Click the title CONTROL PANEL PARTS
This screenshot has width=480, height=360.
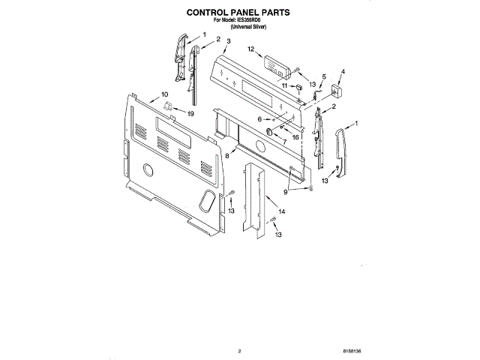point(238,13)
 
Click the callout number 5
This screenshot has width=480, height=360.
point(323,76)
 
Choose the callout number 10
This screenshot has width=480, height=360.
point(164,95)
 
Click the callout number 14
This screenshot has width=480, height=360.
point(281,213)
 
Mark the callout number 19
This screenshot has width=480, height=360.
point(190,113)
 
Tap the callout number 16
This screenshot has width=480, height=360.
point(295,137)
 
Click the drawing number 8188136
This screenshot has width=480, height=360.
point(352,350)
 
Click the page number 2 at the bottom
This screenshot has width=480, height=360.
point(238,350)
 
